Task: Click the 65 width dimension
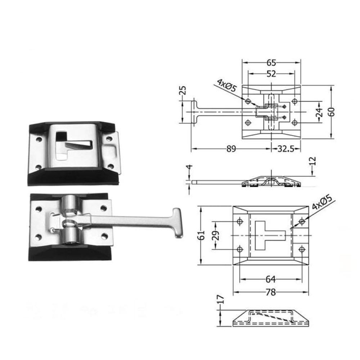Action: click(271, 63)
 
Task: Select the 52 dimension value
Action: click(271, 74)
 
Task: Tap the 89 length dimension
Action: click(231, 149)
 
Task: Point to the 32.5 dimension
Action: click(286, 149)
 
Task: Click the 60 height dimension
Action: click(332, 112)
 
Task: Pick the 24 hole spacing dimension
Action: click(320, 112)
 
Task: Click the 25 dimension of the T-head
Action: click(183, 90)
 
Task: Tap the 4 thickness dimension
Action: click(190, 167)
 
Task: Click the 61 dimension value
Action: click(201, 235)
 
